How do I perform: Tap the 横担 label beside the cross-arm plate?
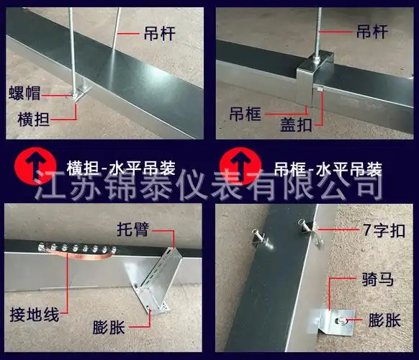click(25, 116)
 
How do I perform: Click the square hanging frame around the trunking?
click(317, 72)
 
